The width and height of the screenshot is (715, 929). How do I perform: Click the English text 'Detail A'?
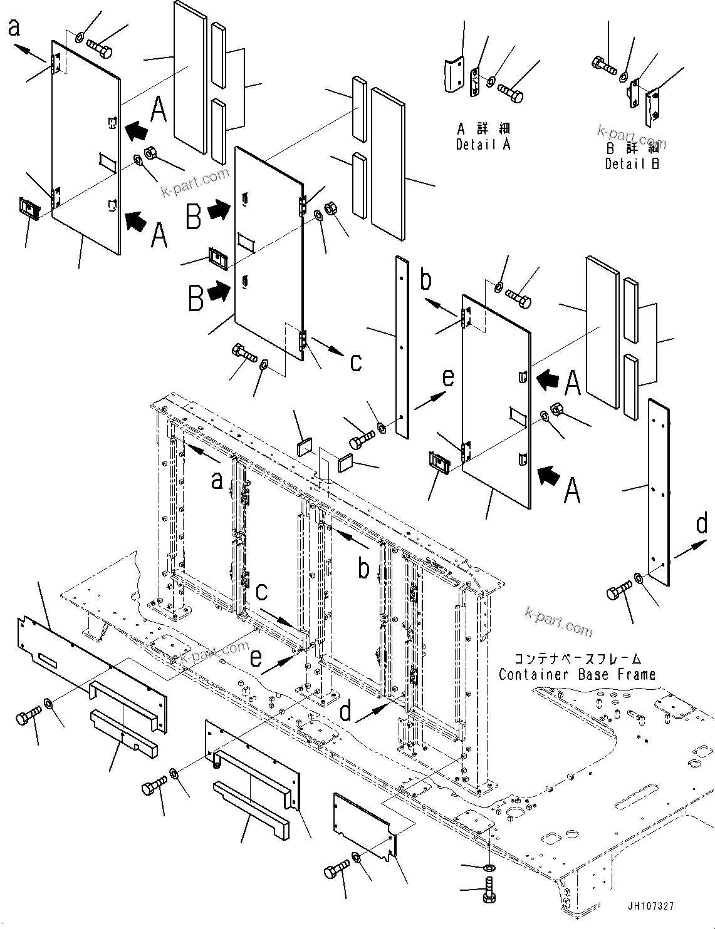coord(483,145)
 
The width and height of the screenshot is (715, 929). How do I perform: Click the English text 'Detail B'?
coord(632,164)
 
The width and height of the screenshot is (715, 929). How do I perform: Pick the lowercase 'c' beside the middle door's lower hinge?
coord(355,362)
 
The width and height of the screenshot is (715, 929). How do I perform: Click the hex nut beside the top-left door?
coord(151,152)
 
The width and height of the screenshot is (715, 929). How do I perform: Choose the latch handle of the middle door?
coord(216,258)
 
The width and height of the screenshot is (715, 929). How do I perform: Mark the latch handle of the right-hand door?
coord(439,463)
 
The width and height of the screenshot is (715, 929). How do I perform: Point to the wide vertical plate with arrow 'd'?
coord(658,492)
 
